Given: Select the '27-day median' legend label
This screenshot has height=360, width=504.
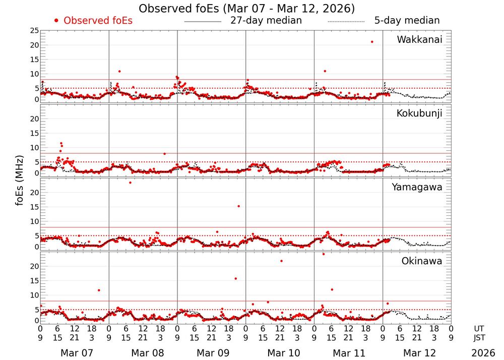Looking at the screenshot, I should click(x=266, y=21).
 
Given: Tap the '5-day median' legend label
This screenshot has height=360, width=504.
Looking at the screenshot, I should click(x=407, y=21).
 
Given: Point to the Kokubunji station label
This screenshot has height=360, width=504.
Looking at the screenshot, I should click(x=419, y=113).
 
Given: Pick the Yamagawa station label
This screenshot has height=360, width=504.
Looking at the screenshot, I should click(x=417, y=187).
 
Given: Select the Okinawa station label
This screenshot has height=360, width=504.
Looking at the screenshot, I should click(x=421, y=261).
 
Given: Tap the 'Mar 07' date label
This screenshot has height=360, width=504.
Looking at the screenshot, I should click(x=75, y=353).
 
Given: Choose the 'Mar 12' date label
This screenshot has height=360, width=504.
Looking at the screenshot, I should click(x=417, y=353).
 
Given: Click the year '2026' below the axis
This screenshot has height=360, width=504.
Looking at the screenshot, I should click(x=483, y=353).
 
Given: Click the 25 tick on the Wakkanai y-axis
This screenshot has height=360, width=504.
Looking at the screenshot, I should click(x=34, y=31).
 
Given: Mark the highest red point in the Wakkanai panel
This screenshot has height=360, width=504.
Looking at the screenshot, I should click(x=372, y=42).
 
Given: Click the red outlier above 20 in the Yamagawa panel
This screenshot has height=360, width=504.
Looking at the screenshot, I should click(x=130, y=183).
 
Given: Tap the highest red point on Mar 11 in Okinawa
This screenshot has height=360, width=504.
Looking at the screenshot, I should click(x=324, y=254).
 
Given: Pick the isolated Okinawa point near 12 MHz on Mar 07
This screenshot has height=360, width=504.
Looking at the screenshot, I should click(x=99, y=290).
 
